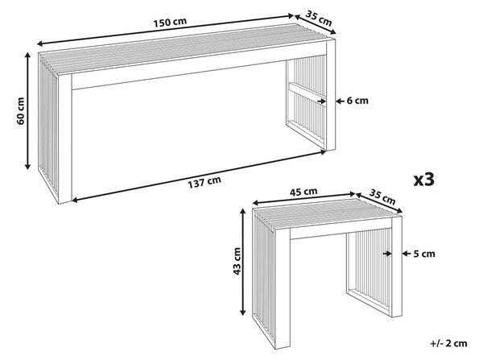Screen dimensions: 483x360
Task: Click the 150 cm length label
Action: coord(170,23)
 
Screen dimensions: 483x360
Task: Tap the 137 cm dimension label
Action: coord(204,182)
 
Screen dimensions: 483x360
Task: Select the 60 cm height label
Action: coord(21,111)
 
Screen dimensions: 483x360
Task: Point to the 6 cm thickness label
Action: coord(357,101)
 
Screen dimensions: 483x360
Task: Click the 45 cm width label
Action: coord(303,192)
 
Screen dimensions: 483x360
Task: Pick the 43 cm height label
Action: coord(237,262)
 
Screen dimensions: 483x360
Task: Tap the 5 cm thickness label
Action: coord(424,254)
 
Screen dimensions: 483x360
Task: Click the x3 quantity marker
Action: coord(424,179)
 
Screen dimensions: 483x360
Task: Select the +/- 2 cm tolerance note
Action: coord(449,343)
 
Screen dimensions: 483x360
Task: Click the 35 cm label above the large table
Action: coord(319,19)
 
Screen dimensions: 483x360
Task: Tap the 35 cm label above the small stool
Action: coord(382,197)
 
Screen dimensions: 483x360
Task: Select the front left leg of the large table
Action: coord(64,139)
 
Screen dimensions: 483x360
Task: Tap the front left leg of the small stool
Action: coord(283,288)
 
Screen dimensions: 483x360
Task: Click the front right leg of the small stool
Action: coord(396,267)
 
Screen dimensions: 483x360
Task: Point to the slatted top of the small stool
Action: coord(327,214)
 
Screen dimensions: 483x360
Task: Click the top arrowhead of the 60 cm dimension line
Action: coord(27,56)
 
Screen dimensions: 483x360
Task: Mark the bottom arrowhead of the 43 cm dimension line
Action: coord(243,312)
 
